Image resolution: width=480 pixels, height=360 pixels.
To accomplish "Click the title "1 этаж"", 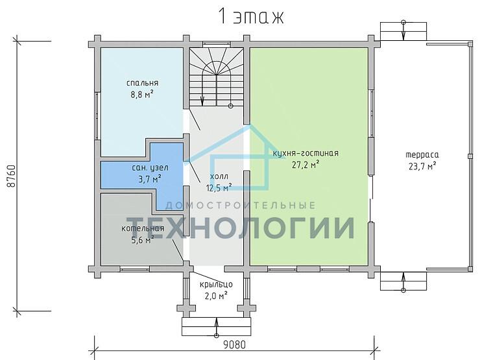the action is point(251,17).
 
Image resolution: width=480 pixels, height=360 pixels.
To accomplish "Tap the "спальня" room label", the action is point(142,83).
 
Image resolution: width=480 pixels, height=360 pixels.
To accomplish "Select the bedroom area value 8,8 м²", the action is point(142,95).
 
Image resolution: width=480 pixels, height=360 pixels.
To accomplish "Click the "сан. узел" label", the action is point(150,168).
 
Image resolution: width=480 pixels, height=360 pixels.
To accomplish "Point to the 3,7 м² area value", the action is point(150,179).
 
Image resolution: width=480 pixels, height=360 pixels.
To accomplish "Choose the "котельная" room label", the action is point(143,228).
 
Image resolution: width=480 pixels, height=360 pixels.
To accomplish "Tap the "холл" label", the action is point(219,176).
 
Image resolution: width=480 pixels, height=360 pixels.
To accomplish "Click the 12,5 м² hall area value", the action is point(219,187).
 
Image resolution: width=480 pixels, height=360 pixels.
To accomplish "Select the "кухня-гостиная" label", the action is point(306,153).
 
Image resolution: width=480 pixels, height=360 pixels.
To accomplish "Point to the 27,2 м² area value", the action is point(306,165).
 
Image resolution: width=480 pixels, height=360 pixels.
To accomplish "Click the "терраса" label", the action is point(422,155).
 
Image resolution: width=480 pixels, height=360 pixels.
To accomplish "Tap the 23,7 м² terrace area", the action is point(422,166).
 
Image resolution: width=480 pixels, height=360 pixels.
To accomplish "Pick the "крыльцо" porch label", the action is point(216,285).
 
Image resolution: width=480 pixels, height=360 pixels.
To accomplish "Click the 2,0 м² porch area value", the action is point(216,296).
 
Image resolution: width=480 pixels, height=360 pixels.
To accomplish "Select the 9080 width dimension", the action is point(234,344).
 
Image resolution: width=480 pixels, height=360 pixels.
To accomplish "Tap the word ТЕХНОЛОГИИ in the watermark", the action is point(241,228).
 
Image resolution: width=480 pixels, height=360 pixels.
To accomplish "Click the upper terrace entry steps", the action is point(403,31).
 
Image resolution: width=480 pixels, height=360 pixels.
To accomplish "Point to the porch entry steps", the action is point(217,327).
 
